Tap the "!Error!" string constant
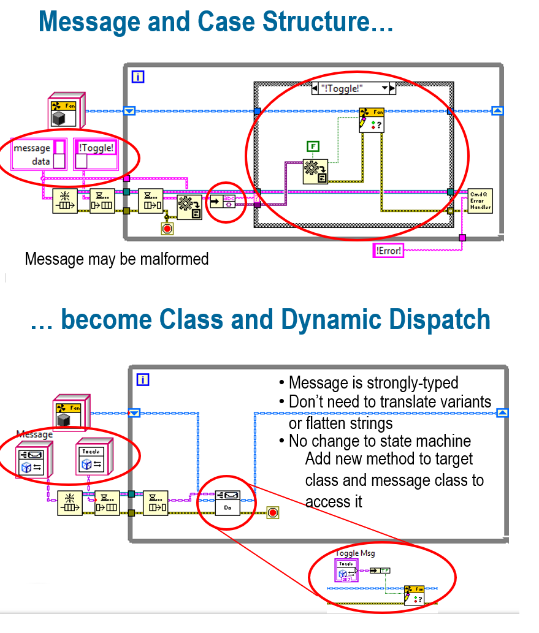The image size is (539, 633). (388, 251)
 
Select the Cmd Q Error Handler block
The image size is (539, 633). (480, 200)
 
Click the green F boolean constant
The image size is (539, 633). (313, 146)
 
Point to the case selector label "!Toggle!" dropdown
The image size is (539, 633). (353, 88)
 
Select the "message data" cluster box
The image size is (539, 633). (39, 154)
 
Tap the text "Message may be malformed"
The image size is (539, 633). (117, 259)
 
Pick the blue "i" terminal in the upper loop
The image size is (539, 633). (139, 77)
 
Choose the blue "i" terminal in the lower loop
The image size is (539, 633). (143, 380)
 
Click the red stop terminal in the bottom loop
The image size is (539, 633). (273, 512)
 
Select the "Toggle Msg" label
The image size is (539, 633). (356, 553)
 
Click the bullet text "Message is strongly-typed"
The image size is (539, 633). (373, 383)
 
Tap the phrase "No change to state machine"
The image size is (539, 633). (379, 441)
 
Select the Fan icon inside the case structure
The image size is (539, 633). (371, 119)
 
